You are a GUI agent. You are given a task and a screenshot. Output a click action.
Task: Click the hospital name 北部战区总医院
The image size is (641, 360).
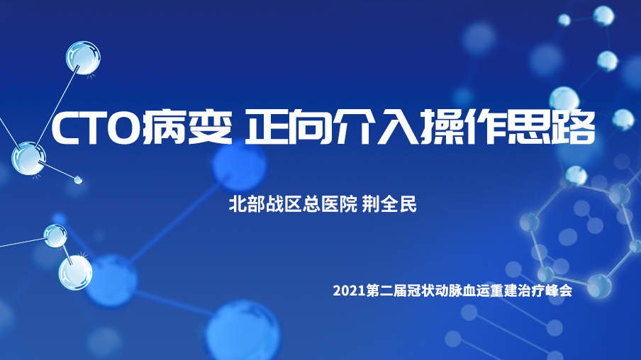pyautogui.click(x=293, y=204)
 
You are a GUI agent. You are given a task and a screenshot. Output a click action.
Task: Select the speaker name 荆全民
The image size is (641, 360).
pyautogui.click(x=389, y=204)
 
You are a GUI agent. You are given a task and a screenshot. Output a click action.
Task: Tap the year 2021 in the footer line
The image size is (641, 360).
pyautogui.click(x=349, y=291)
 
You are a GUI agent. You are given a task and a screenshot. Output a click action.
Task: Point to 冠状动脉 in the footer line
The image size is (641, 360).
pyautogui.click(x=434, y=291)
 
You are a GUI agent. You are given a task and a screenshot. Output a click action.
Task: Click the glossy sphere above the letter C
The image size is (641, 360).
pyautogui.click(x=84, y=57)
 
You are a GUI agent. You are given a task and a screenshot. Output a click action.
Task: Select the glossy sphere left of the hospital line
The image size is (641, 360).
pyautogui.click(x=28, y=159)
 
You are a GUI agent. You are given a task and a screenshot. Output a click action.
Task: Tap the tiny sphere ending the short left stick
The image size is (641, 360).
pyautogui.click(x=78, y=179)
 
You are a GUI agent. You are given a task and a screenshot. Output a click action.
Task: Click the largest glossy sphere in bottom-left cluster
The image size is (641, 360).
pyautogui.click(x=75, y=273)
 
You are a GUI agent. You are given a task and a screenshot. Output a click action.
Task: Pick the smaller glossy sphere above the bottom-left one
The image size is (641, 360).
pyautogui.click(x=55, y=236)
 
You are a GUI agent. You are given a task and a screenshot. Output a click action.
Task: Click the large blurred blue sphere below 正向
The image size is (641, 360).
pyautogui.click(x=239, y=164)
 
